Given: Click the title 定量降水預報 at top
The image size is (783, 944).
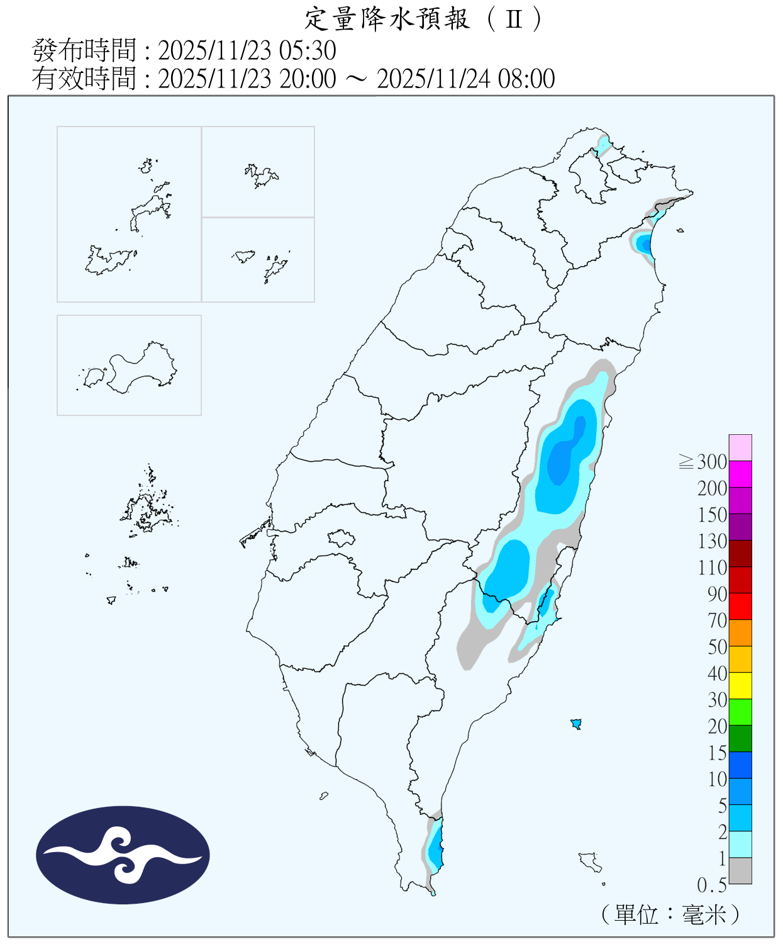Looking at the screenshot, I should (387, 19).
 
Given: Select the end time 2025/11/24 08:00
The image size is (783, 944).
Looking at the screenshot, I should (465, 79).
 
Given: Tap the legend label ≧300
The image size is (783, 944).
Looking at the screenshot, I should (703, 462).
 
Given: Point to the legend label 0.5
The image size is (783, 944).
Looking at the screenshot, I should (711, 885).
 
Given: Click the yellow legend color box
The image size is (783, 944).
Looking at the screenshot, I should (740, 685).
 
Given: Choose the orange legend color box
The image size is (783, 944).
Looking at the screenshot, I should (740, 632).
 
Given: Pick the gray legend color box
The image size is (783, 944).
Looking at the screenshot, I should (740, 870).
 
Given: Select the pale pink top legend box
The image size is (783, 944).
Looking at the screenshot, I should (740, 447).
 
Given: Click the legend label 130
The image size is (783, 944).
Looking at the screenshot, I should (712, 541).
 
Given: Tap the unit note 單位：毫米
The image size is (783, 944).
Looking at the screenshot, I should (670, 914).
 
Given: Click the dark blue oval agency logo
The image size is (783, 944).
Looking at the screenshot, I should (123, 855).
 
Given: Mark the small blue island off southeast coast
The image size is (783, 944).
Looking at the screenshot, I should (575, 724).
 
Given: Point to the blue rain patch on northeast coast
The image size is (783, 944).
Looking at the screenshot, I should (643, 244).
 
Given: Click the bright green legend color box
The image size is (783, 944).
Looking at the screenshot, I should (740, 712).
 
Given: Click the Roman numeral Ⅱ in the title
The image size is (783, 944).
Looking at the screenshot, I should (514, 19).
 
